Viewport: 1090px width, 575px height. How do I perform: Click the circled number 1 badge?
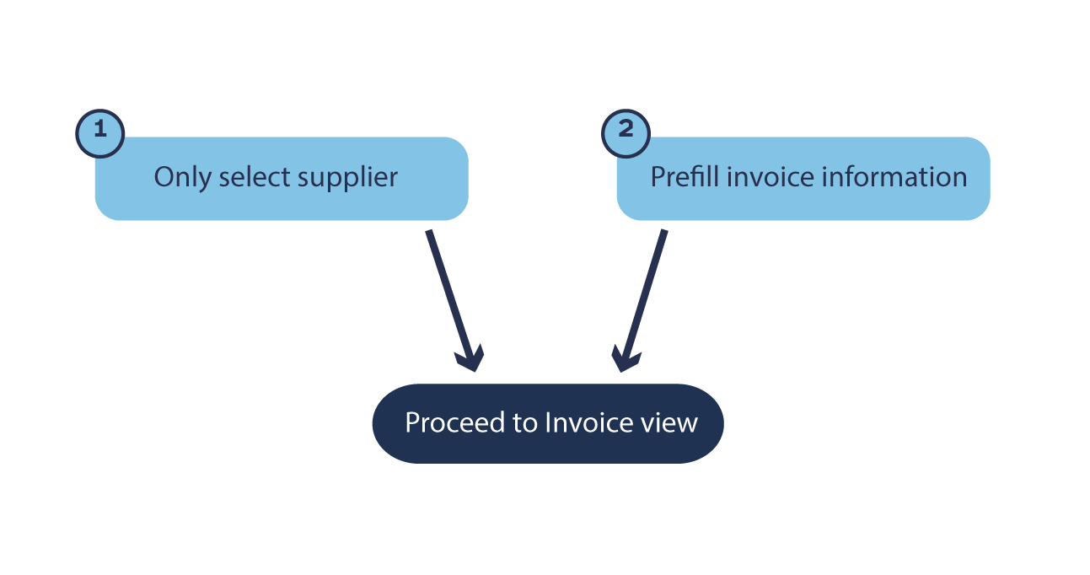pyautogui.click(x=100, y=132)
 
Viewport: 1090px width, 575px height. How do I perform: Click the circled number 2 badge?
pyautogui.click(x=626, y=132)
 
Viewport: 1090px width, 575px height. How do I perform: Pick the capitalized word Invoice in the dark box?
pyautogui.click(x=588, y=422)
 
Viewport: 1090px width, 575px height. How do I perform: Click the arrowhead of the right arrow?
pyautogui.click(x=626, y=357)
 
